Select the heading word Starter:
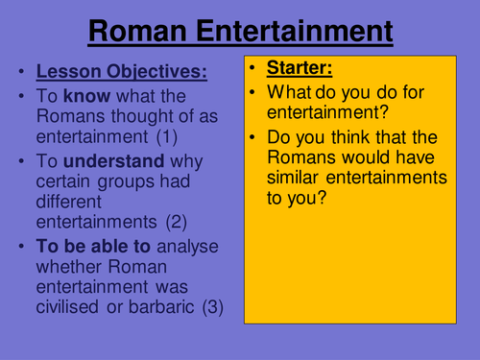302,69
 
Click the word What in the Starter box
289,94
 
